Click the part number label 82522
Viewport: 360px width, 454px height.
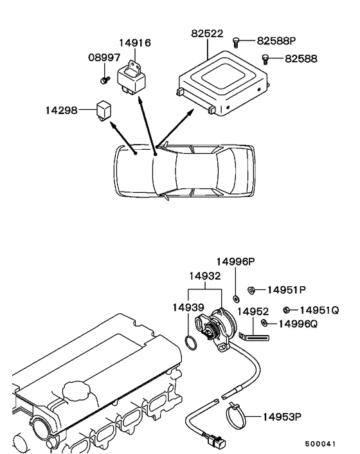207,33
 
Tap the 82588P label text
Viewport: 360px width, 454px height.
276,41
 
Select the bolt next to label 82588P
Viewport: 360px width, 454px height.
236,42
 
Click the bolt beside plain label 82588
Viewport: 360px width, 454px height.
265,59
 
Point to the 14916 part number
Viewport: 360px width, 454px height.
135,43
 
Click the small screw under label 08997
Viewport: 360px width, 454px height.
105,80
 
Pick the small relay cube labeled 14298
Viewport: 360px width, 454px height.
104,111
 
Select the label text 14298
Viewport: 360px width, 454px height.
62,111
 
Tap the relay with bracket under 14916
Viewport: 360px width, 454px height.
132,78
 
